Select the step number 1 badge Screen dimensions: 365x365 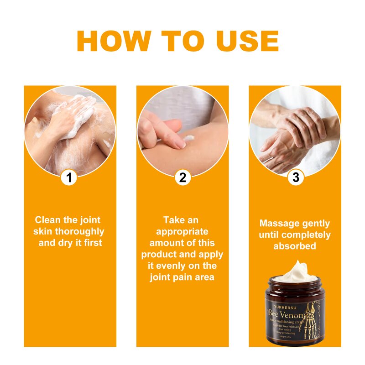(69, 177)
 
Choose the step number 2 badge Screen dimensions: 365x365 (182, 177)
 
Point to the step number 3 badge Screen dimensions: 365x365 (296, 177)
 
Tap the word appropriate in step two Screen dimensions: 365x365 (182, 231)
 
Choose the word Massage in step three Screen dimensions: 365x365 (276, 224)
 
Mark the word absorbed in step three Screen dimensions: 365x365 (295, 246)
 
